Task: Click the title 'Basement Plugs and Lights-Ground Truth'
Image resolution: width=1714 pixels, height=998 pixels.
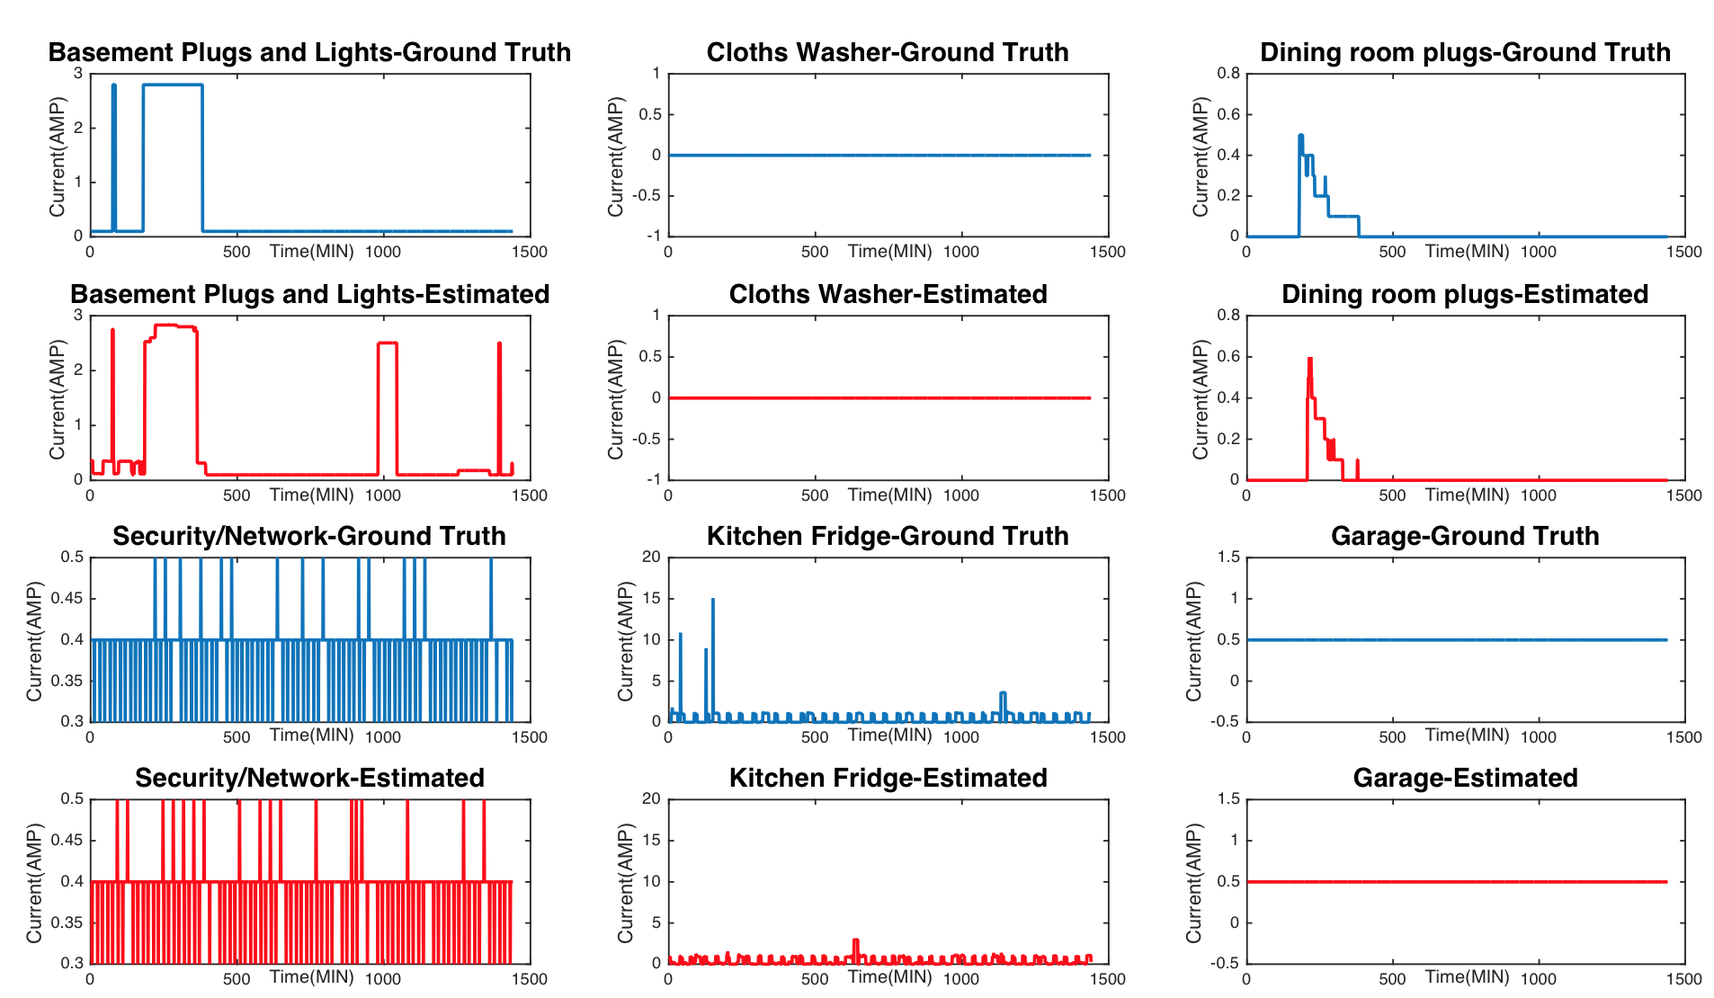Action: click(309, 52)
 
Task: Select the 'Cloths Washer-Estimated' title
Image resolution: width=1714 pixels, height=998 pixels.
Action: click(888, 294)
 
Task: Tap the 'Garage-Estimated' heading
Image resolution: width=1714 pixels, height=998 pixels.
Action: click(1465, 778)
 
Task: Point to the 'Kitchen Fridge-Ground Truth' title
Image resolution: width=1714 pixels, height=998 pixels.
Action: click(888, 536)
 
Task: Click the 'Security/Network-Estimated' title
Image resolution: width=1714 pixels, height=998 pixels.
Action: click(309, 778)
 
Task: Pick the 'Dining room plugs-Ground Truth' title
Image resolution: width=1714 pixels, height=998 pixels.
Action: click(1465, 52)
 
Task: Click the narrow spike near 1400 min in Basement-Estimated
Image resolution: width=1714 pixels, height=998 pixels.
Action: click(499, 346)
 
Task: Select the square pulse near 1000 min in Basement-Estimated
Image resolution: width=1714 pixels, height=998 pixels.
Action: click(388, 344)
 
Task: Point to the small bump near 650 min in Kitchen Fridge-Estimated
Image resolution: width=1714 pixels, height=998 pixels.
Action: click(855, 941)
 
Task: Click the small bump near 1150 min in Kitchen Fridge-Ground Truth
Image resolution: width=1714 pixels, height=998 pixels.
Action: click(1003, 694)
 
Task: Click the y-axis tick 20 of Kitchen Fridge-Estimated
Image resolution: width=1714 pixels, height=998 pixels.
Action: click(651, 799)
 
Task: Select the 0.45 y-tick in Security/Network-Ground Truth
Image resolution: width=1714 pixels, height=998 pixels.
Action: click(72, 599)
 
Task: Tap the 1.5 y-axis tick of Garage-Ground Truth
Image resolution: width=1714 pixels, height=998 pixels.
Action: click(1228, 557)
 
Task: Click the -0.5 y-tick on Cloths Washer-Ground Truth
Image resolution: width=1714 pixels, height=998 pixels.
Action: click(649, 196)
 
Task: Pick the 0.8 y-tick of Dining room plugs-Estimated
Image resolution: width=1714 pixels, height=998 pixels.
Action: click(1228, 316)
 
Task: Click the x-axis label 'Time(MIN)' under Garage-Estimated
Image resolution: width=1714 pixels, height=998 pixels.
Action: click(1467, 976)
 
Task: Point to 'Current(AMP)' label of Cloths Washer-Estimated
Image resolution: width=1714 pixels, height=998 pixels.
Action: click(616, 399)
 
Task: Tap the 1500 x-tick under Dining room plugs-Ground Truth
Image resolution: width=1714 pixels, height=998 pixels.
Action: click(1683, 252)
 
